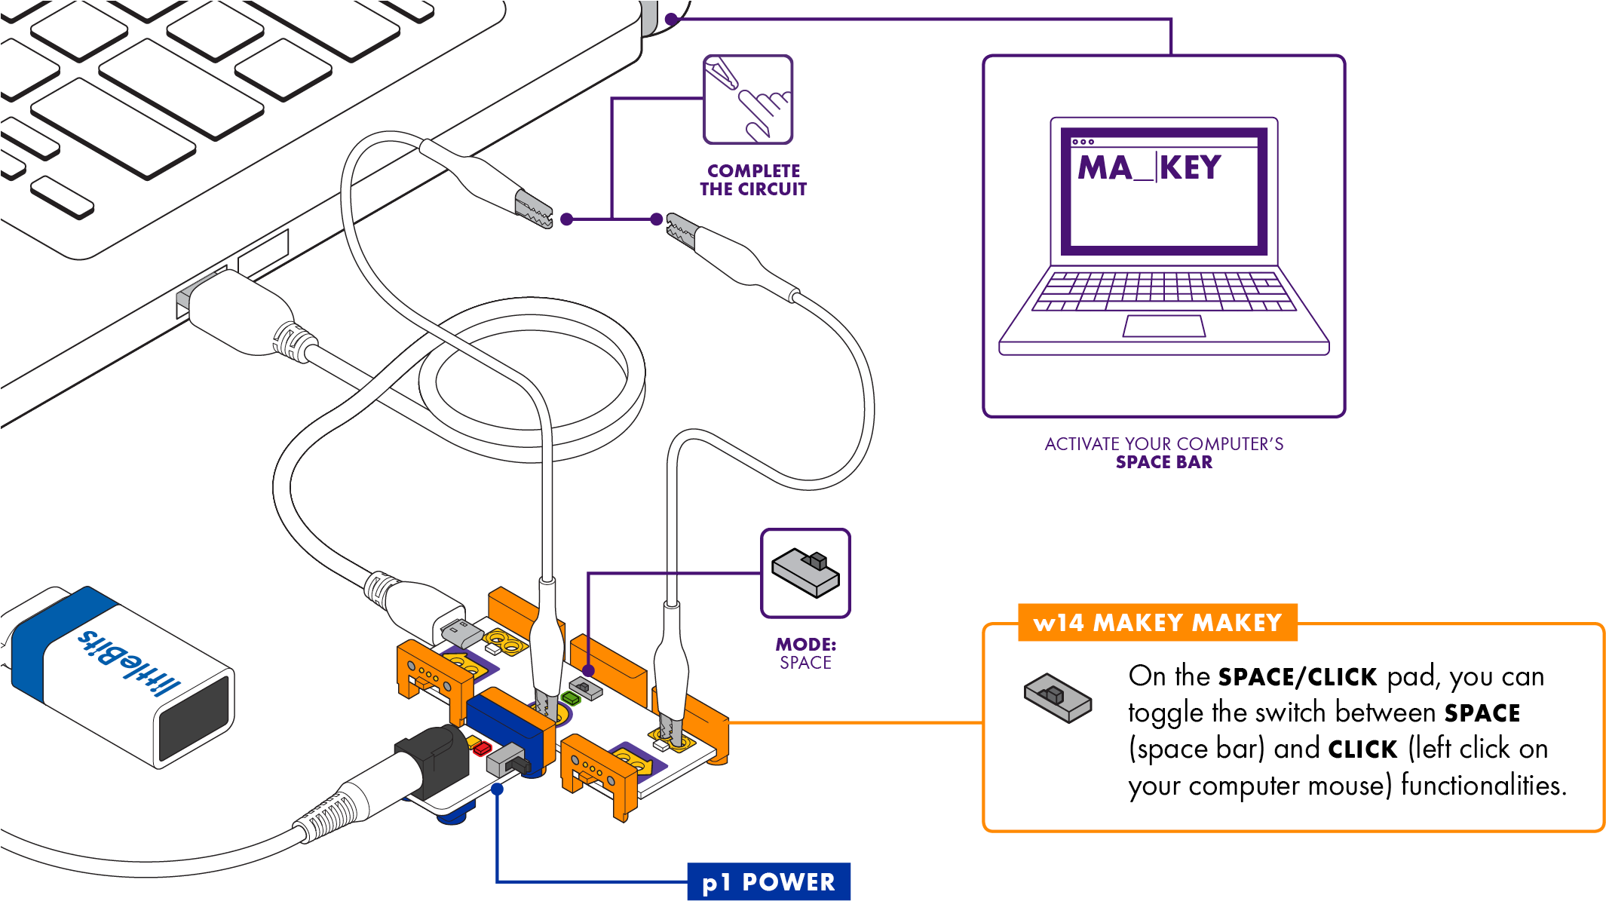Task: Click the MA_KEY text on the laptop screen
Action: point(1149,167)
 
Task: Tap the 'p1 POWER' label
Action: point(768,882)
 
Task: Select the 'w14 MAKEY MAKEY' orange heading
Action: point(1157,623)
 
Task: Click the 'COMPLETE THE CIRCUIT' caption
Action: point(753,180)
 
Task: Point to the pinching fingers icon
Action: point(748,99)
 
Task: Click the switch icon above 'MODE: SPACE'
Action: point(805,574)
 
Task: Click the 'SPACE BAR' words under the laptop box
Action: point(1164,462)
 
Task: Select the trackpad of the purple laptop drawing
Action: point(1163,326)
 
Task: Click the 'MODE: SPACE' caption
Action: point(805,654)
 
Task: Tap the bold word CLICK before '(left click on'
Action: point(1362,749)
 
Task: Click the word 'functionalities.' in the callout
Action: point(1483,786)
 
